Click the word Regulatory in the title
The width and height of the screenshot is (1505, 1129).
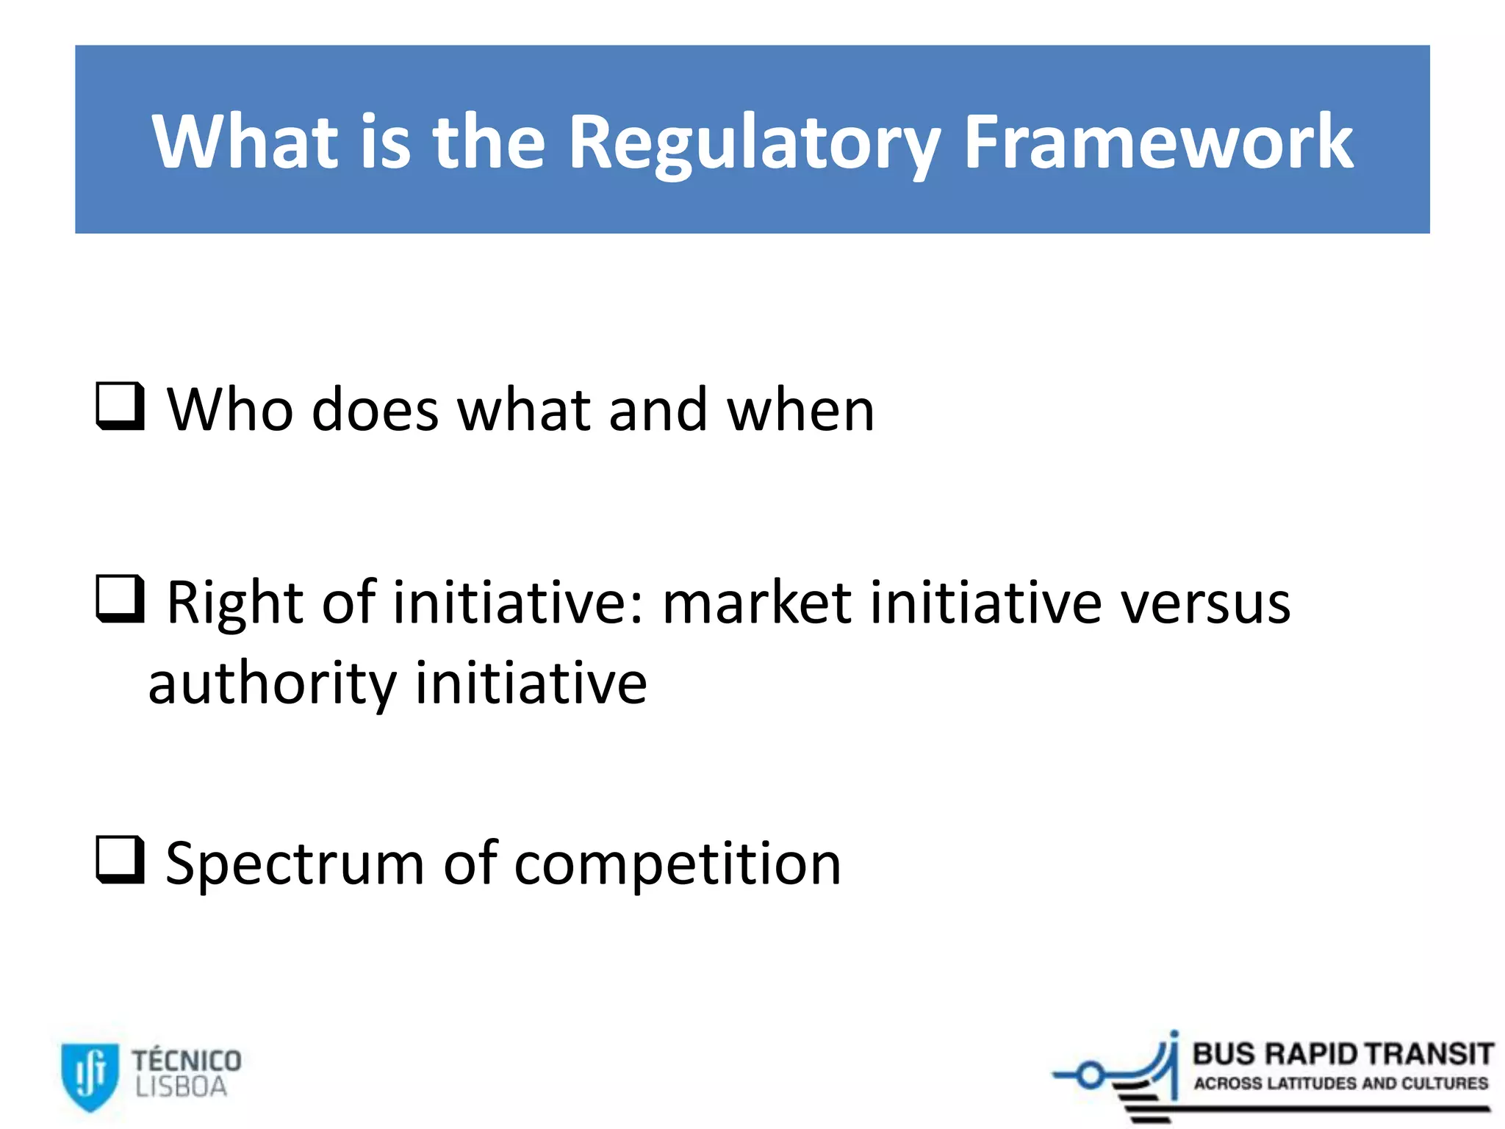click(754, 143)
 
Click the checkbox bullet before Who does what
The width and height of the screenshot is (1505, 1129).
click(120, 406)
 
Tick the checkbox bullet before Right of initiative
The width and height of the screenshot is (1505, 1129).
click(120, 598)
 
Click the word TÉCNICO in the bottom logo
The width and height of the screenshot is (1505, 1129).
click(187, 1061)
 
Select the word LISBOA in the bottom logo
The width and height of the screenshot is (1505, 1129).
click(181, 1087)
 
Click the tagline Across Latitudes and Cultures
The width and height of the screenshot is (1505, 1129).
click(1340, 1083)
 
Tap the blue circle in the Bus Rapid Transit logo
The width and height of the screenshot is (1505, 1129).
click(1091, 1076)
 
